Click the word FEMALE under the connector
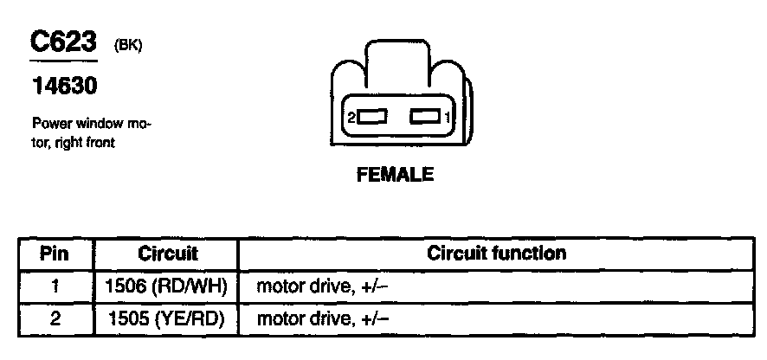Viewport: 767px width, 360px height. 395,176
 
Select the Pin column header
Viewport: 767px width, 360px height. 56,254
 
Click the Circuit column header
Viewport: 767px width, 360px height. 167,254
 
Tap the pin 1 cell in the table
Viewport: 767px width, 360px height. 56,286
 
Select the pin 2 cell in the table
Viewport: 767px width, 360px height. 56,318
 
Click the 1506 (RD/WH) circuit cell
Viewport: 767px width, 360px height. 167,286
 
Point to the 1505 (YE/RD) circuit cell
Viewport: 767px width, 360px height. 167,318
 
